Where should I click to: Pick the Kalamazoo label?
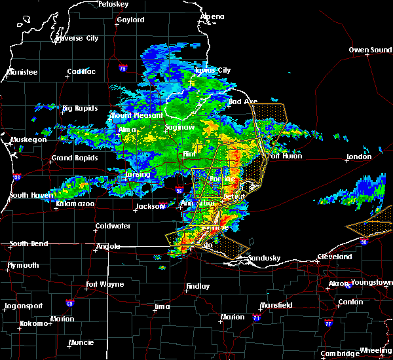pos(74,205)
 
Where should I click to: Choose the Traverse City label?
pos(77,39)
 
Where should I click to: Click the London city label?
pos(359,156)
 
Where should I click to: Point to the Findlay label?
pos(198,286)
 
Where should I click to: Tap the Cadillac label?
pos(82,72)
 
